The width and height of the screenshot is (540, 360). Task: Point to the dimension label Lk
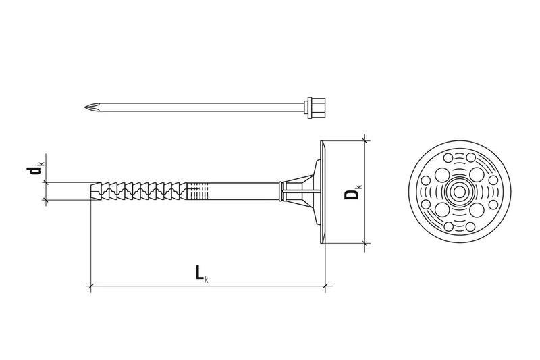[x=200, y=273]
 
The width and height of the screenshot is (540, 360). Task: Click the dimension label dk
[x=34, y=171]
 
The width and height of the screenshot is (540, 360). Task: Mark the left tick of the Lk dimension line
[x=90, y=286]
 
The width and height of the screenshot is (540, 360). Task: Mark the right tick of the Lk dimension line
[x=325, y=286]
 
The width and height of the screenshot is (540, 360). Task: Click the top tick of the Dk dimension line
[x=365, y=140]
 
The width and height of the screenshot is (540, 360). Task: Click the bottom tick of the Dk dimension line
[x=365, y=243]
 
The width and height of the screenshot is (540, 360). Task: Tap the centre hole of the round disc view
[x=459, y=192]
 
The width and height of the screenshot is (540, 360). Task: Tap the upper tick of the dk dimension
[x=46, y=182]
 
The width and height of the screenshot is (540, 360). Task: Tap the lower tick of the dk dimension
[x=46, y=201]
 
